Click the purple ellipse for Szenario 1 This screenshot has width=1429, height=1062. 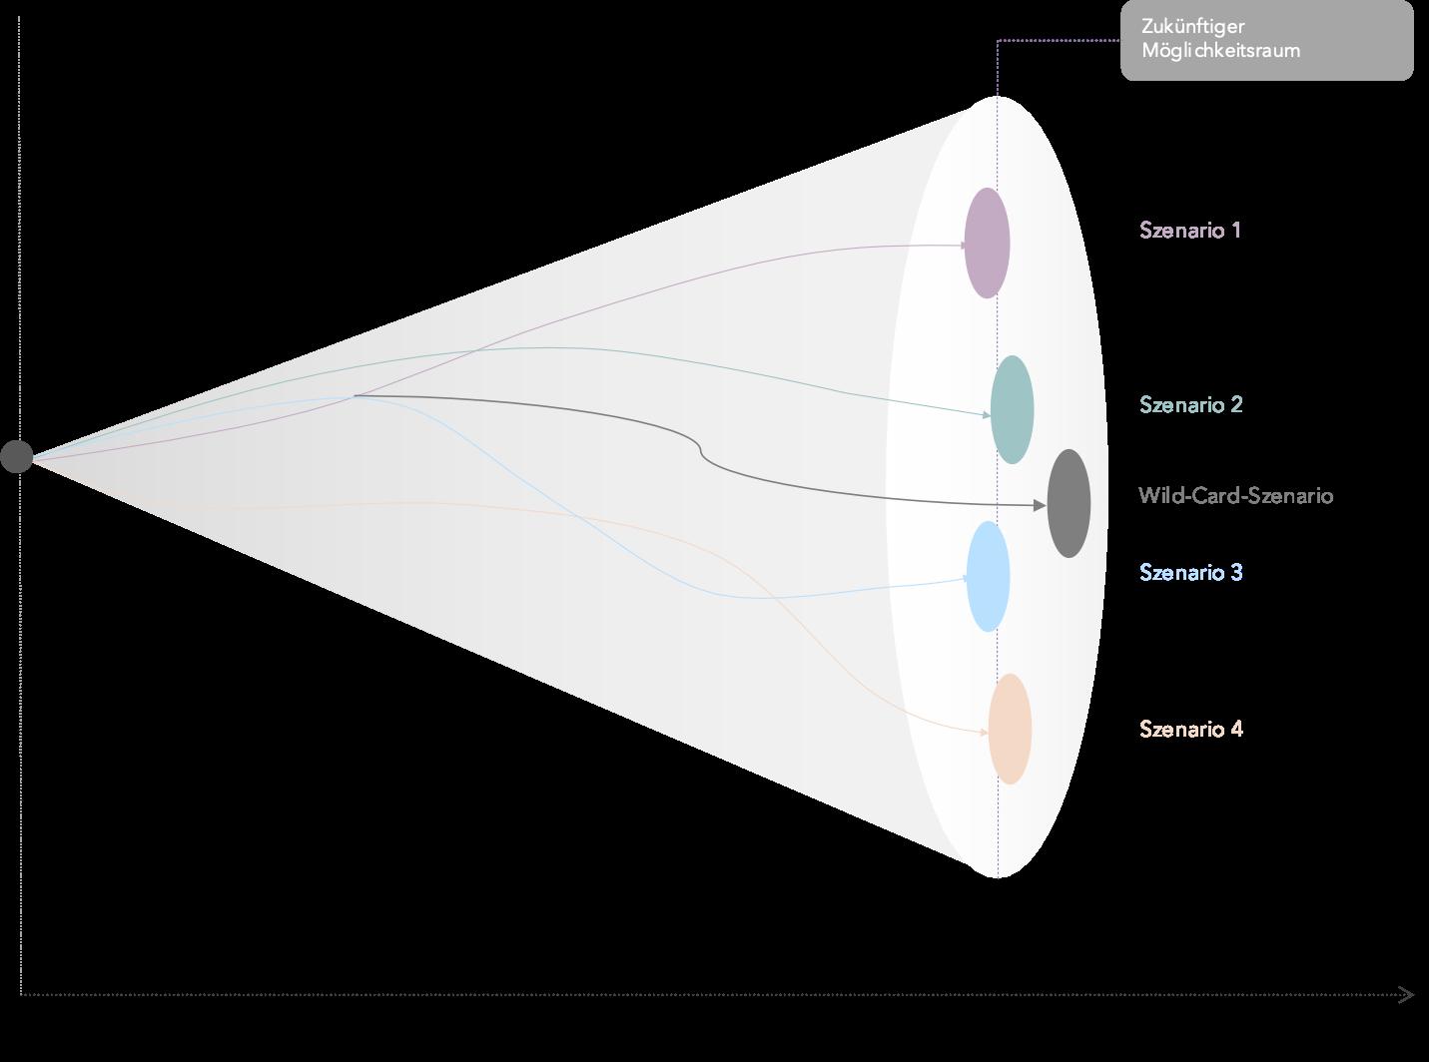987,243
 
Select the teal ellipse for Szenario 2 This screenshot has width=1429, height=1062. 1012,409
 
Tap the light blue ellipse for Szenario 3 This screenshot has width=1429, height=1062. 988,577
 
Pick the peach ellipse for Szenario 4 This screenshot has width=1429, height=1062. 1010,729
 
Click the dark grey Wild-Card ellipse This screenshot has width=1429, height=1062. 1069,503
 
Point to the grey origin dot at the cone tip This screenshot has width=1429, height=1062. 16,456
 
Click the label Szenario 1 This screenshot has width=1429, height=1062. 1190,231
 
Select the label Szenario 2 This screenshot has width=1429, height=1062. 1191,405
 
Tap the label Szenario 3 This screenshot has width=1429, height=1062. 1191,573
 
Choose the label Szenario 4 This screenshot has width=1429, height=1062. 1191,730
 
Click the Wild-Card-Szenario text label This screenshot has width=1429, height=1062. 1235,496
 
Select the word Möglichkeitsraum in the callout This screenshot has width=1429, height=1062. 1220,50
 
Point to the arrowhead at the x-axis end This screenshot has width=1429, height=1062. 1407,994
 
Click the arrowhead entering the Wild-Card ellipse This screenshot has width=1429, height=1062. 1041,506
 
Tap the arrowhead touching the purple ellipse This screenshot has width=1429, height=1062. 962,245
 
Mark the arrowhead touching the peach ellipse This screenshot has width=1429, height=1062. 984,734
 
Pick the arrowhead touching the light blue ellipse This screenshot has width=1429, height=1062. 964,578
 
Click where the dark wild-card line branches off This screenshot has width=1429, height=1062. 356,396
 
